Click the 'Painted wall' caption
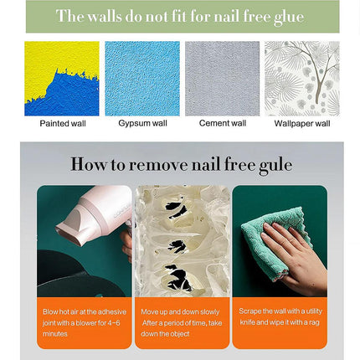click(x=63, y=123)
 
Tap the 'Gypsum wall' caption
click(x=142, y=123)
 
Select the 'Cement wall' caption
click(x=223, y=123)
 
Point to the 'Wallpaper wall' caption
click(x=302, y=123)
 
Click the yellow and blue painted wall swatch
click(x=62, y=79)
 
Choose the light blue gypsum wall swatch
click(x=142, y=79)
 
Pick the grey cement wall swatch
click(x=223, y=79)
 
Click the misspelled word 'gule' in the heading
click(x=275, y=165)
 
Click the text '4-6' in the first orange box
click(x=114, y=323)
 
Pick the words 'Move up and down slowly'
click(x=180, y=311)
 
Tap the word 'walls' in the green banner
click(x=105, y=16)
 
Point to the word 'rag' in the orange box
click(x=314, y=323)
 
